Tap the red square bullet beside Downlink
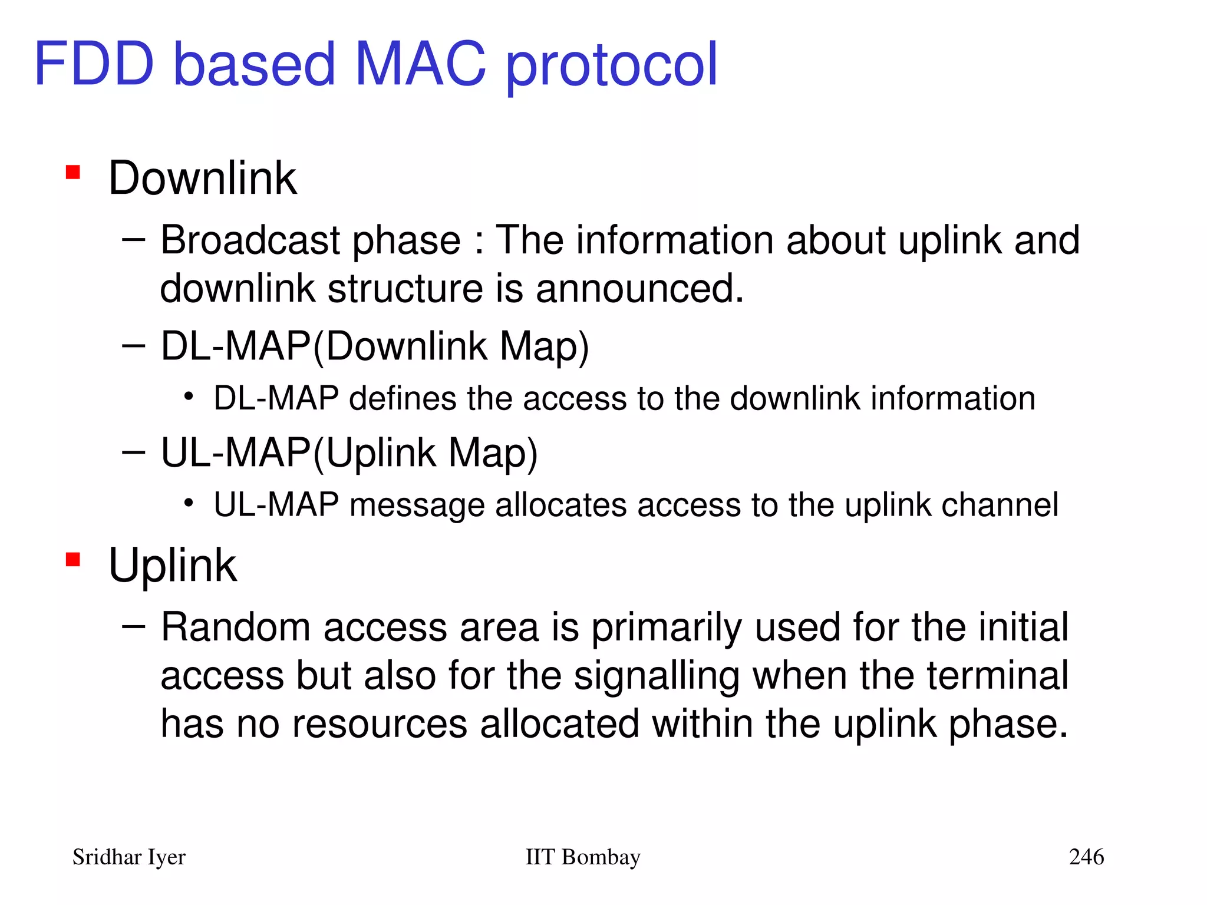click(73, 172)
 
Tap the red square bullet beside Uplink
click(73, 559)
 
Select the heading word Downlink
click(202, 178)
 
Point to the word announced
click(639, 289)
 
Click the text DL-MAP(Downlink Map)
click(375, 346)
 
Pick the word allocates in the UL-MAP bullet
click(560, 506)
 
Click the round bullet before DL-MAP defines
click(188, 397)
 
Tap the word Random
click(235, 627)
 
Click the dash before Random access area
click(134, 626)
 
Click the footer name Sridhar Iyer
click(129, 857)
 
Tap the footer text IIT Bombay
click(582, 857)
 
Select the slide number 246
click(1086, 857)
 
